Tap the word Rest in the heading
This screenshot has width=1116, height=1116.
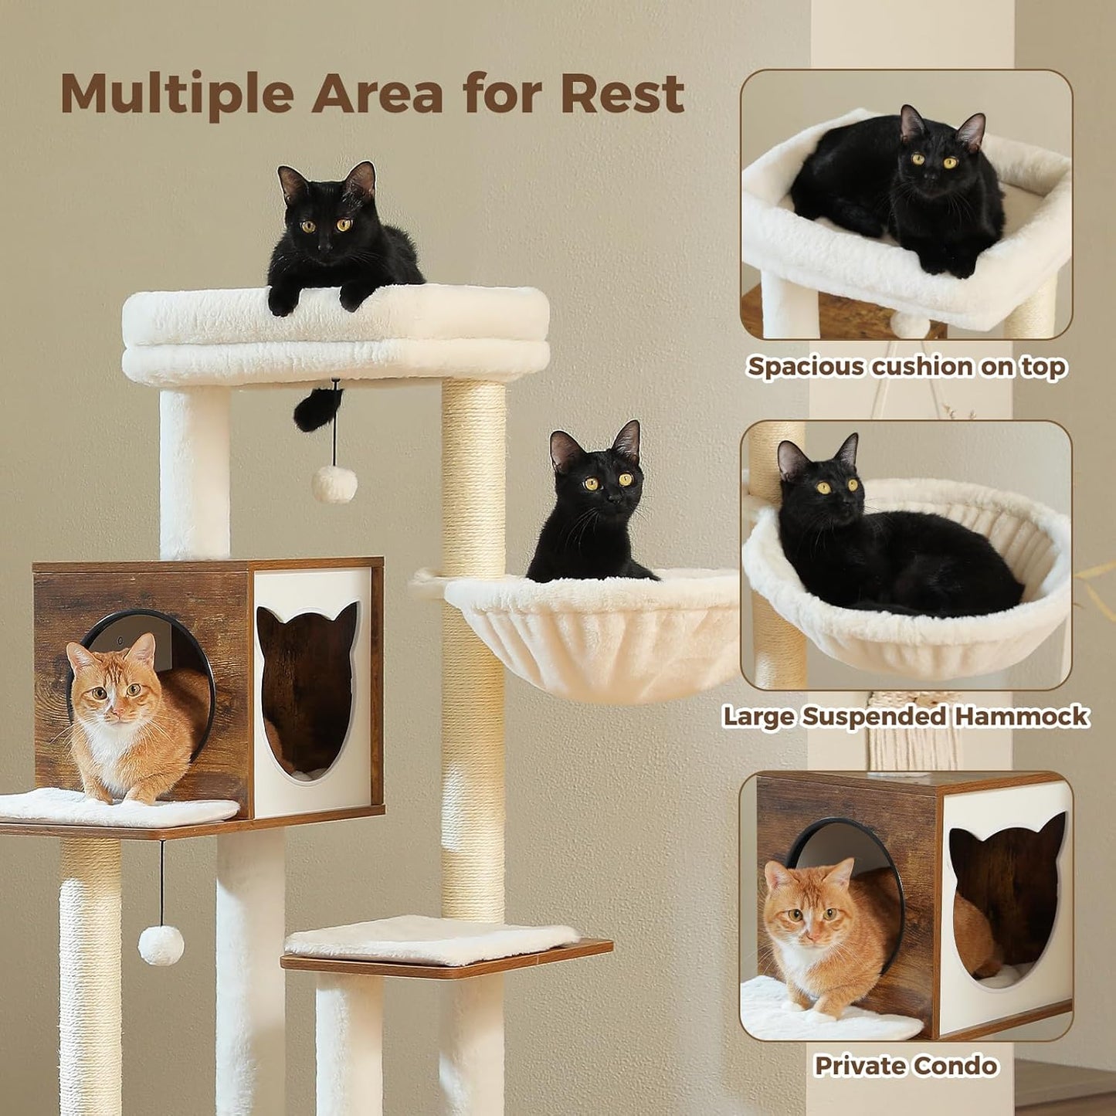622,94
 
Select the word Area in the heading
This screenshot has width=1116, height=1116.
378,94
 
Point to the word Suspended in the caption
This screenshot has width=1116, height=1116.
875,716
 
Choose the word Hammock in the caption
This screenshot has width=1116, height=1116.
1021,716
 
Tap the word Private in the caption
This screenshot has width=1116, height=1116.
857,1066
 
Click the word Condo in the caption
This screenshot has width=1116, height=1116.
955,1066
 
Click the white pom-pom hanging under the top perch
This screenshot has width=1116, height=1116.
334,484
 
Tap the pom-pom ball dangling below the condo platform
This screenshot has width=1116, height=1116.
161,945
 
